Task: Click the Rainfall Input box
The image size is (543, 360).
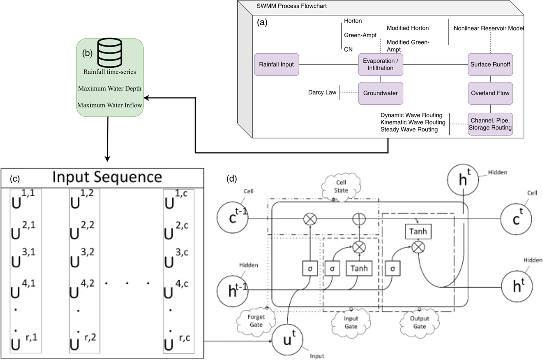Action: point(277,64)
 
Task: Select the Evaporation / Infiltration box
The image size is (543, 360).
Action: point(381,64)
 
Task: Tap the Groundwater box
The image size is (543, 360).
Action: point(381,93)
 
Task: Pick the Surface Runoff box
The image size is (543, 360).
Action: point(490,64)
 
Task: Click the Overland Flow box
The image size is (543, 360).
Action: point(490,93)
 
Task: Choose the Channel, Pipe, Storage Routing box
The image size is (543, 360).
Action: point(490,124)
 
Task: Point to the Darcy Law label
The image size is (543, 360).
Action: point(322,92)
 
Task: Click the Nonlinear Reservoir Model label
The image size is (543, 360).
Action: point(489,28)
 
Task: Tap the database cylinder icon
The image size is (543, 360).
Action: point(110,53)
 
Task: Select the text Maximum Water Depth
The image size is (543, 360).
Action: point(110,89)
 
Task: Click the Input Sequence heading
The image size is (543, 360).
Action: point(107,177)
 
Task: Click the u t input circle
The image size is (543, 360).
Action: point(288,340)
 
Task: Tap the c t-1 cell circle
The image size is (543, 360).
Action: point(233,218)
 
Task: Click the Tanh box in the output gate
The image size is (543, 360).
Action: point(418,231)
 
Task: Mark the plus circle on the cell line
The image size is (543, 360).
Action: point(359,219)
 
